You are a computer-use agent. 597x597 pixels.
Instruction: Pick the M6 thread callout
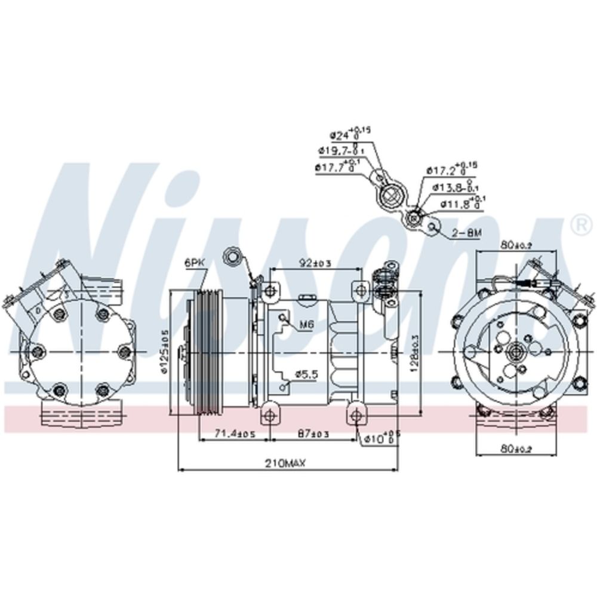tap(306, 325)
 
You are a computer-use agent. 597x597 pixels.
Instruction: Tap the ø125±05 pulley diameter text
tap(165, 352)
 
